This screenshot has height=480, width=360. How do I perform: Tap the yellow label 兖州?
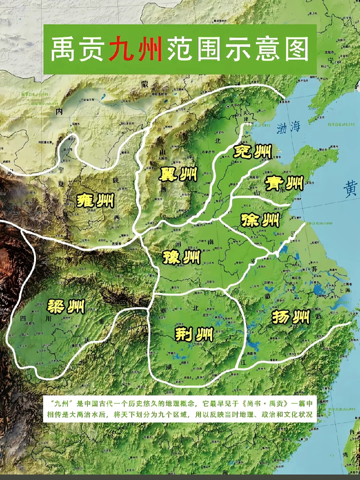point(251,151)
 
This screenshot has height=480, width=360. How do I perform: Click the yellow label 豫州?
point(182,258)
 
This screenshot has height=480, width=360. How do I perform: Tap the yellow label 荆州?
point(193,335)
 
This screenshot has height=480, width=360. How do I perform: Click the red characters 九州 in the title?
point(136,49)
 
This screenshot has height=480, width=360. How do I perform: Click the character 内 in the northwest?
point(59,112)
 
